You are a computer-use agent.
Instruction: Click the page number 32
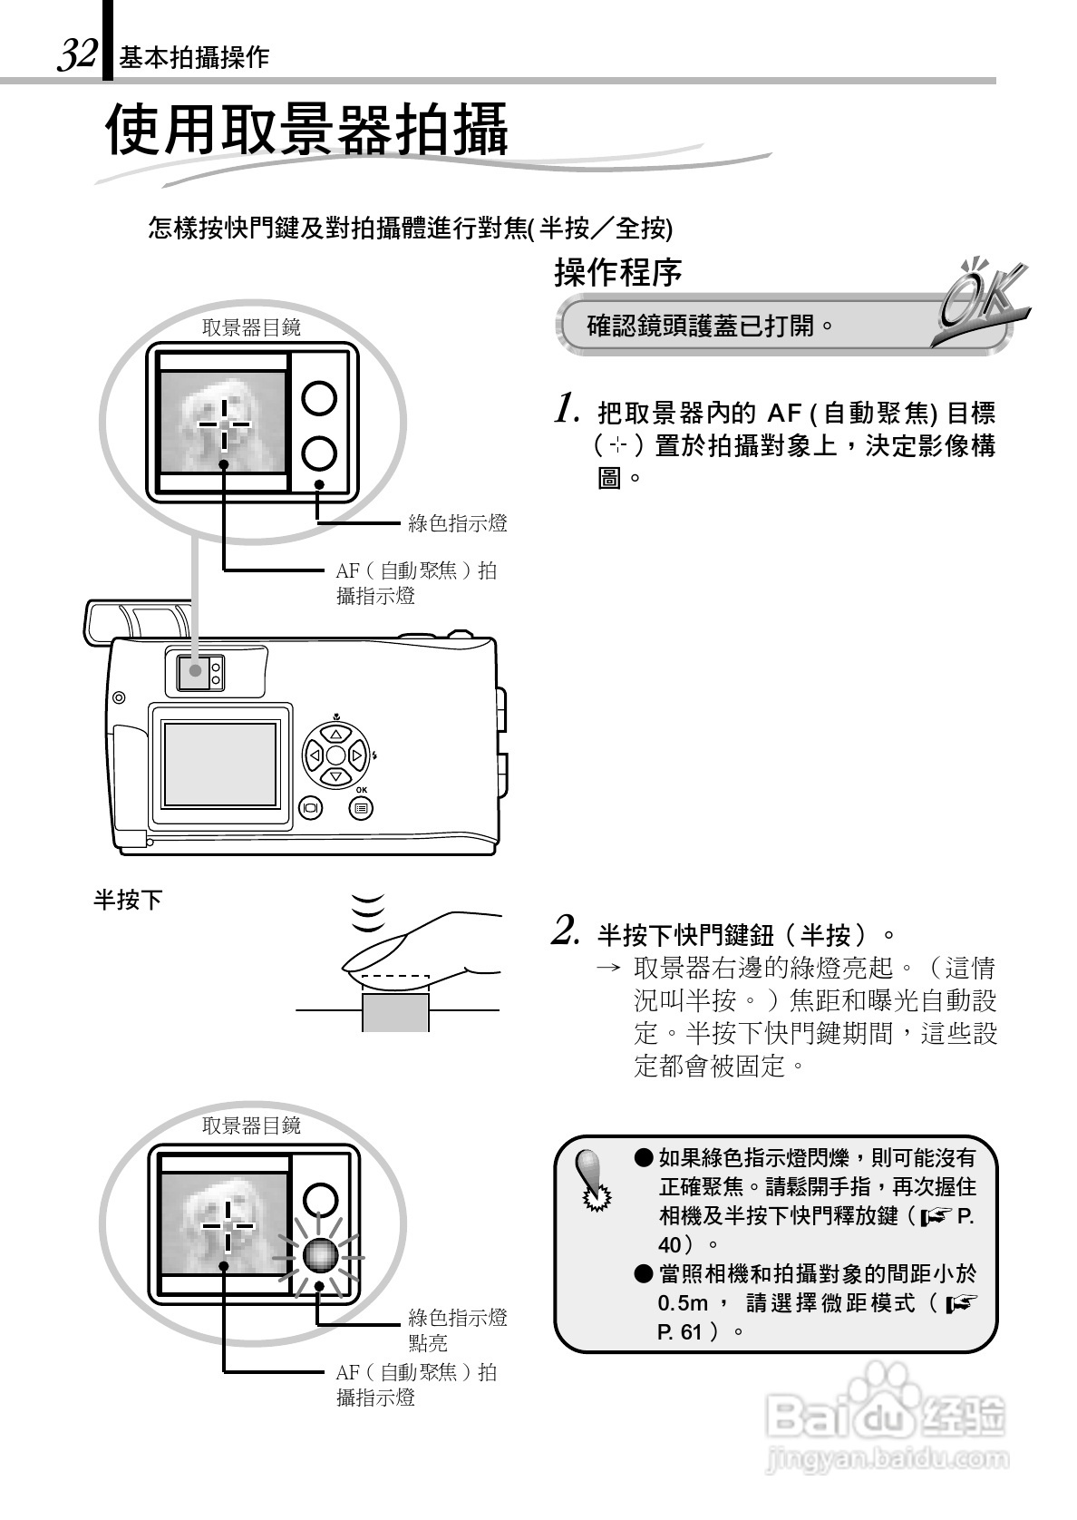pos(76,54)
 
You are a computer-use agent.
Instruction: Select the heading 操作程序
pos(618,272)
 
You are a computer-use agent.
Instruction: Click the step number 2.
pos(566,930)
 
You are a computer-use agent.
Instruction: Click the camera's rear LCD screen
pos(220,765)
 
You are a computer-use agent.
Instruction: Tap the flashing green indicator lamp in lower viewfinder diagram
pos(320,1255)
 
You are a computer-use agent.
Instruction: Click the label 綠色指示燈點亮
pos(457,1329)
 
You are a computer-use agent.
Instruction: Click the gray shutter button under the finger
pos(395,1011)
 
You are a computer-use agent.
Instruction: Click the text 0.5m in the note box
pos(683,1303)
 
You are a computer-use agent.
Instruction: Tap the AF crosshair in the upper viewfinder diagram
pos(224,424)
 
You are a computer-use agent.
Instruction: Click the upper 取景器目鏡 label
pos(251,328)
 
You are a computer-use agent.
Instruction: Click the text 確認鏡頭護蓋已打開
pos(710,325)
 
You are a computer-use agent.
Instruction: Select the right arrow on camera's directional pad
pos(357,755)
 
